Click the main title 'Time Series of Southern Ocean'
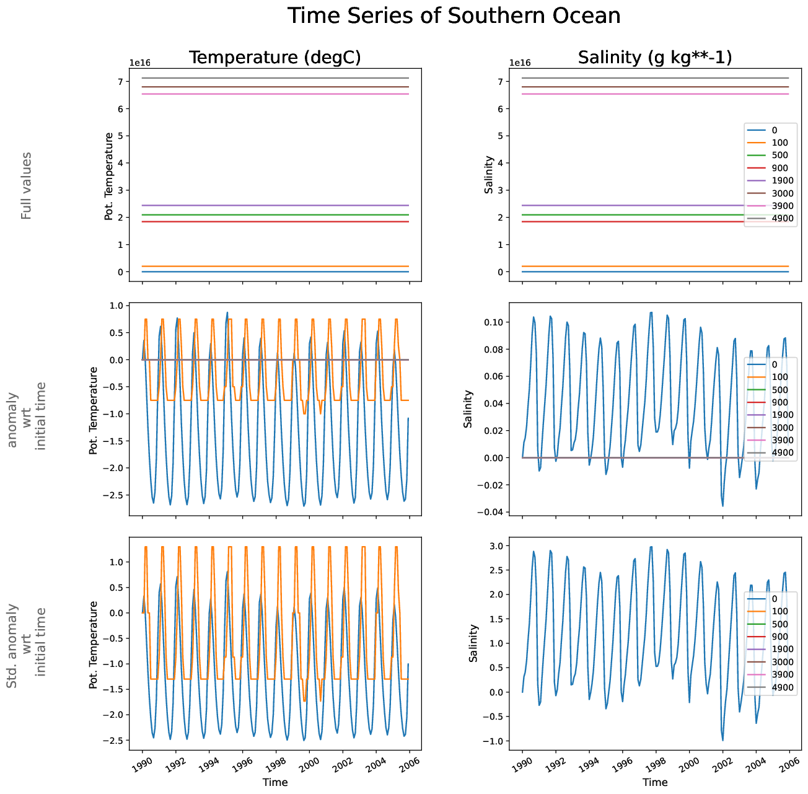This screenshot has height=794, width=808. point(454,15)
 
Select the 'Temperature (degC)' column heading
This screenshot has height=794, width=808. point(274,58)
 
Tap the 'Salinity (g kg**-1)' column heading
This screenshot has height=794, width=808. point(655,58)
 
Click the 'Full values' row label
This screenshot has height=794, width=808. point(26,185)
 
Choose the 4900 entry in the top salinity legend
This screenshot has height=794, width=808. point(783,218)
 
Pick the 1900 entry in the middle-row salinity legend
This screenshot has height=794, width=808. point(783,415)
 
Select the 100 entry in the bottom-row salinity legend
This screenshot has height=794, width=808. point(780,611)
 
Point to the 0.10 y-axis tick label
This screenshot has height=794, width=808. point(494,322)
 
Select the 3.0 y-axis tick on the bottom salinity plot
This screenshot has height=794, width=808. point(497,545)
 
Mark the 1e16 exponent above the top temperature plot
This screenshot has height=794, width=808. point(140,63)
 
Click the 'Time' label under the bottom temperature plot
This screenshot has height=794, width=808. point(275,782)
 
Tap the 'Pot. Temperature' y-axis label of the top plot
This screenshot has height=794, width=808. point(109,176)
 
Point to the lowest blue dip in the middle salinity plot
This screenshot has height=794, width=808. point(722,506)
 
